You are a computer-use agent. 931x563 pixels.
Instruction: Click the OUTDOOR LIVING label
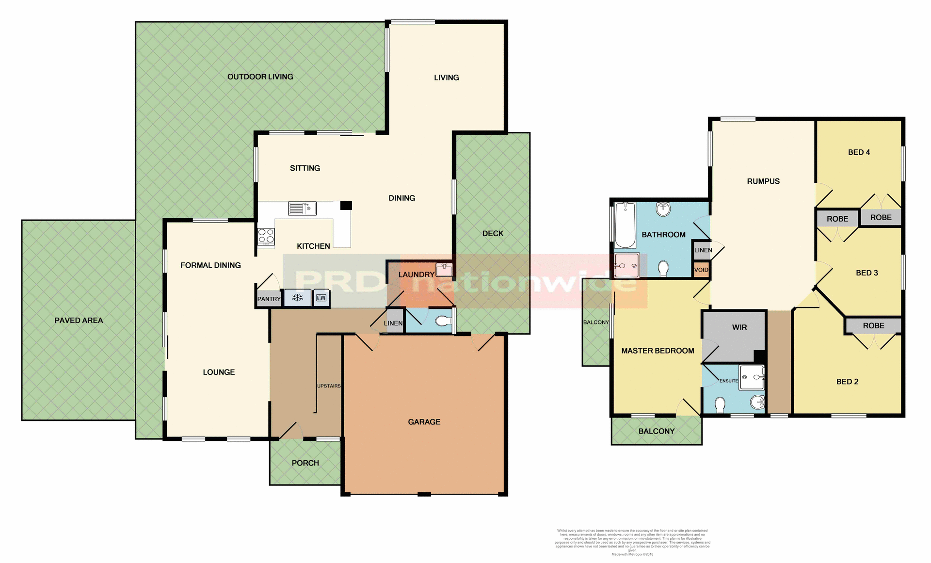click(260, 77)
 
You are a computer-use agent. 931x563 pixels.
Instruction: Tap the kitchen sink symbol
click(302, 209)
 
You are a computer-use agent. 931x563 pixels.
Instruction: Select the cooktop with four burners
click(266, 236)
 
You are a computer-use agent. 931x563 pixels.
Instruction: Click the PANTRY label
click(269, 299)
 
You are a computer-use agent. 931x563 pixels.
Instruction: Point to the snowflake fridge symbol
click(297, 298)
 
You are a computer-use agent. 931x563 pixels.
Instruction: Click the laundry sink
click(444, 269)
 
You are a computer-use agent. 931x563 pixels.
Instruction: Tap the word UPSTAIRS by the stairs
click(329, 386)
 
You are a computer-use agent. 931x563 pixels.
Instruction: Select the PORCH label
click(305, 463)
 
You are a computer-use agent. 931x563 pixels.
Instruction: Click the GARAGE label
click(424, 422)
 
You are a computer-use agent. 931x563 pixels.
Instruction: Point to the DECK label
click(493, 233)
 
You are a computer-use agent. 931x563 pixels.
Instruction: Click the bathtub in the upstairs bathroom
click(625, 225)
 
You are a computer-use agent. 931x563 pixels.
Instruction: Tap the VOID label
click(701, 270)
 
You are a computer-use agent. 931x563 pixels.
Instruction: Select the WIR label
click(739, 327)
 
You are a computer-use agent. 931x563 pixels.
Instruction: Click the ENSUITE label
click(728, 381)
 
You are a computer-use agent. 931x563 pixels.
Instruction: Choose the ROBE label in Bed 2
click(873, 326)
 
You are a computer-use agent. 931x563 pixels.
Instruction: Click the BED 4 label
click(859, 152)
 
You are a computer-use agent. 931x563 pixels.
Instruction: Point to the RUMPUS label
click(763, 181)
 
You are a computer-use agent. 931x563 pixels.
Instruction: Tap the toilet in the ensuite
click(720, 404)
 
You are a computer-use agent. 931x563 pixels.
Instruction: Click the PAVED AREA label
click(79, 321)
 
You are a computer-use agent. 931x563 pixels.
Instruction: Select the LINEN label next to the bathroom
click(703, 250)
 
